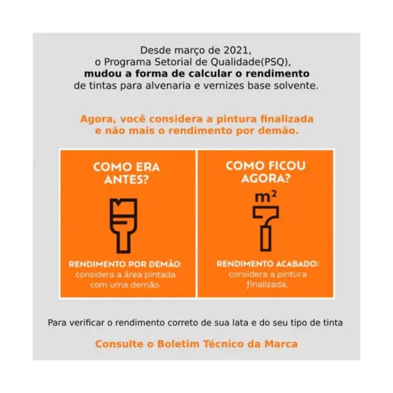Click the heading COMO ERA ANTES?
126,173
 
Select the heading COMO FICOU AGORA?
266,172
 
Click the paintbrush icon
124,225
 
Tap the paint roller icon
266,229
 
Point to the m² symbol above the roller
266,196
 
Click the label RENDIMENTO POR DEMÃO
125,264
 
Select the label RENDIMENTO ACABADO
268,264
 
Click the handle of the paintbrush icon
124,241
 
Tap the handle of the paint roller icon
266,238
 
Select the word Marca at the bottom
281,344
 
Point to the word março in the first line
190,51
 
